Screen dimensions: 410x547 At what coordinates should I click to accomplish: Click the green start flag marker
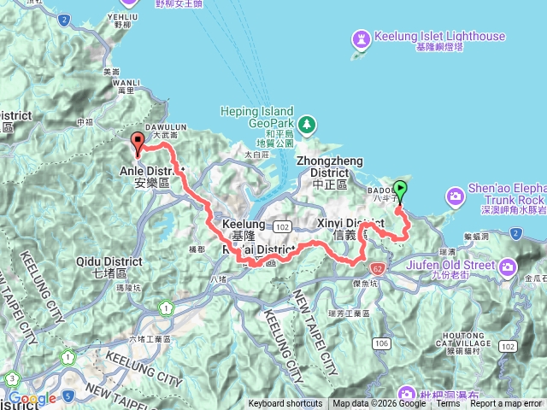(x=401, y=191)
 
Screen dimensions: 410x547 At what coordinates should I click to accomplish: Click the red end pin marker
(x=138, y=143)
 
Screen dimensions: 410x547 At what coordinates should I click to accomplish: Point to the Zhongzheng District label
(x=329, y=161)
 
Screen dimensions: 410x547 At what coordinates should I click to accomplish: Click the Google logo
(x=32, y=398)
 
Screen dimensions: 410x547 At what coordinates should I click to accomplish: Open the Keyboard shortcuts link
(x=285, y=404)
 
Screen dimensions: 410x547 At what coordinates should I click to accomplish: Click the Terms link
(x=448, y=404)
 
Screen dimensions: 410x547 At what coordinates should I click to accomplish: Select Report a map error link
(x=506, y=404)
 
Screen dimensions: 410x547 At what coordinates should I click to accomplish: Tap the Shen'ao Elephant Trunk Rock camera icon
(x=456, y=196)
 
